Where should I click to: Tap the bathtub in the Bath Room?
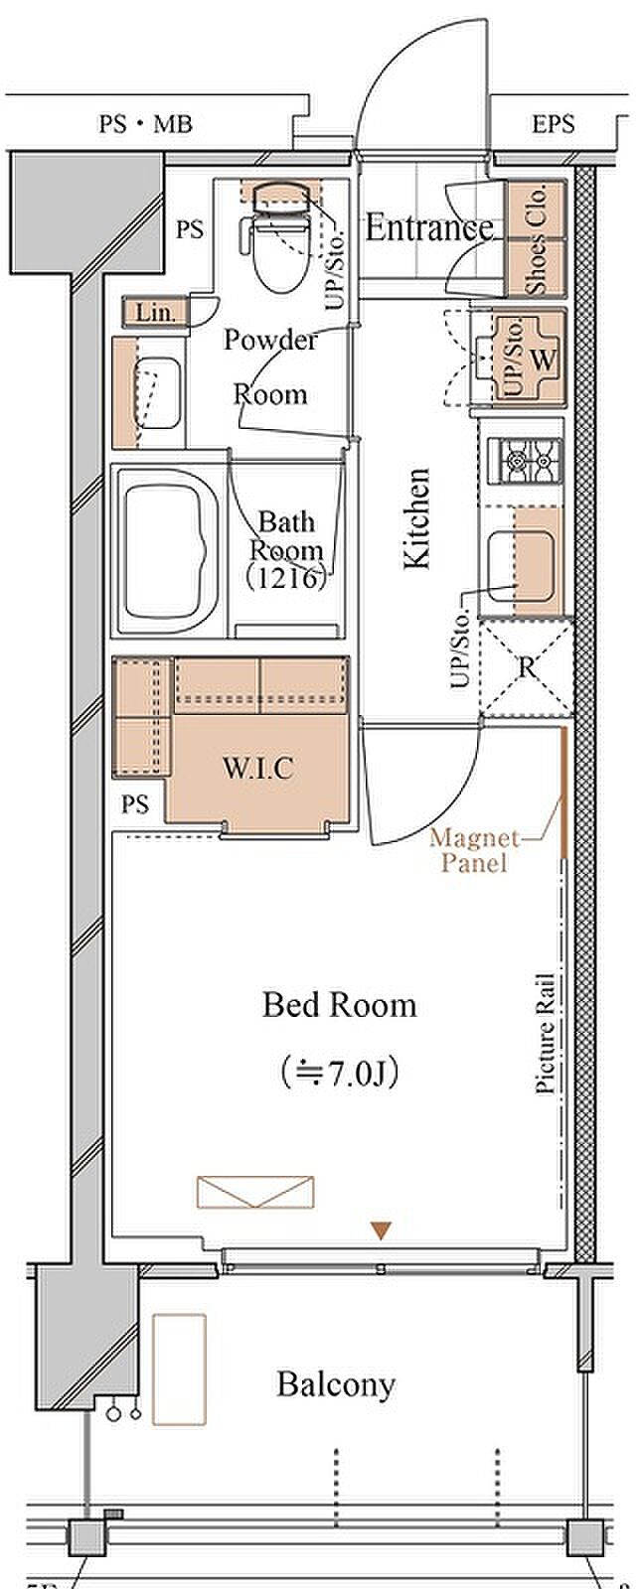click(171, 553)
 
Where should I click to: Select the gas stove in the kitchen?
click(524, 461)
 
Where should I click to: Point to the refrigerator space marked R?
click(527, 667)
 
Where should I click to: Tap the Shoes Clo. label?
click(536, 238)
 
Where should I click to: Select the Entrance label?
click(429, 227)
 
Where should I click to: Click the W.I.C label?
click(257, 769)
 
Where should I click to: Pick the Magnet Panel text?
click(474, 850)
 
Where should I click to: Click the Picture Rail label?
click(546, 1032)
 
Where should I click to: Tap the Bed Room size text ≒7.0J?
click(338, 1074)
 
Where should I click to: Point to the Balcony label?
click(335, 1384)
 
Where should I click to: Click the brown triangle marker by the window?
click(382, 1230)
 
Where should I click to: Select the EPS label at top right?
click(553, 125)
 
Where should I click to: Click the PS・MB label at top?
click(145, 125)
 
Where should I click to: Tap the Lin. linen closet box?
click(155, 312)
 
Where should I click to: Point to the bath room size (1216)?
click(286, 579)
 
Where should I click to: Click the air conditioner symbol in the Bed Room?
click(255, 1192)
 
